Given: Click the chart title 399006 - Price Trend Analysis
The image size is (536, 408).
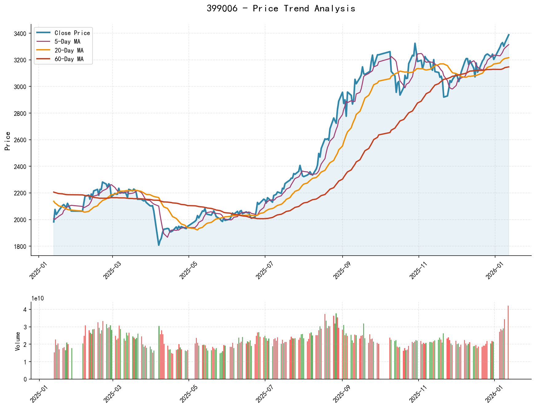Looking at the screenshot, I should [281, 9].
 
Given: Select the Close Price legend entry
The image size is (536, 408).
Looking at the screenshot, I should [72, 33].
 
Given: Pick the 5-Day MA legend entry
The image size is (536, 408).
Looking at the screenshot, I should [67, 41].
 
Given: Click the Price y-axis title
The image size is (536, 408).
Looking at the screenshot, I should [8, 141].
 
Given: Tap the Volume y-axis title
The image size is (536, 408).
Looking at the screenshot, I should [18, 341].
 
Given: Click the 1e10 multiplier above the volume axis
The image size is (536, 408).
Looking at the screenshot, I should [38, 298].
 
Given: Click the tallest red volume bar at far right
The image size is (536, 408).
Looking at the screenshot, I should [508, 342].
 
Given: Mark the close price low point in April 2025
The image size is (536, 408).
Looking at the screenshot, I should [159, 245].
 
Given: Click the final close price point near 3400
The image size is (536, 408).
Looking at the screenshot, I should [509, 35].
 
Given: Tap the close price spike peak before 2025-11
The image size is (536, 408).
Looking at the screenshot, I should [415, 44].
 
